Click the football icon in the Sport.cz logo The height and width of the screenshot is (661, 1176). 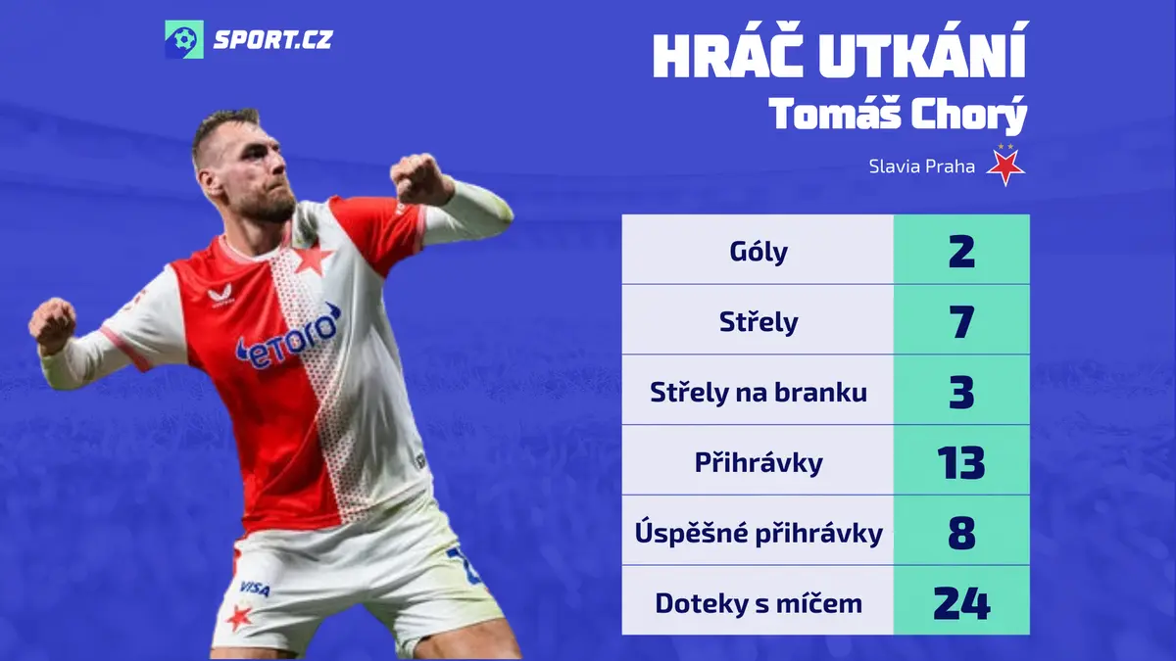coord(184,39)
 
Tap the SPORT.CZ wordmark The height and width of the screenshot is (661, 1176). coord(273,40)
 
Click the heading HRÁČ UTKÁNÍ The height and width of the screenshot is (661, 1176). coord(840,51)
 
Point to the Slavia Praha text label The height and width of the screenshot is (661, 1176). coord(921,166)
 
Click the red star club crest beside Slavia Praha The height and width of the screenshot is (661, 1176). coord(1004,165)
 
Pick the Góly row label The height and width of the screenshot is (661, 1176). coord(759,252)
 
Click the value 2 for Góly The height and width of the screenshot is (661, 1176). coord(961,252)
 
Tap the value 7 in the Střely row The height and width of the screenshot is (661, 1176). coord(961,321)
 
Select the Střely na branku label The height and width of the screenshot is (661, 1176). coord(759,392)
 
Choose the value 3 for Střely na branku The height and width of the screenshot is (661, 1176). coord(961,392)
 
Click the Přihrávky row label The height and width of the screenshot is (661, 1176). coord(759,462)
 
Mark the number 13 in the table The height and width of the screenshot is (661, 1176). coord(961,462)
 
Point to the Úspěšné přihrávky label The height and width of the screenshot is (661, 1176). coord(759,533)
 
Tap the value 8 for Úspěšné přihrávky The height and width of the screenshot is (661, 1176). coord(961,533)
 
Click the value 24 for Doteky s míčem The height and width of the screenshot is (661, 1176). coord(961,603)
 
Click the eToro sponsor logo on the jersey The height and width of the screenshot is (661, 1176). coord(288,337)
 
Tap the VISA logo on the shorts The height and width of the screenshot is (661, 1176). coord(255,589)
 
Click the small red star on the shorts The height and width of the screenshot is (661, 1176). coord(239,618)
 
